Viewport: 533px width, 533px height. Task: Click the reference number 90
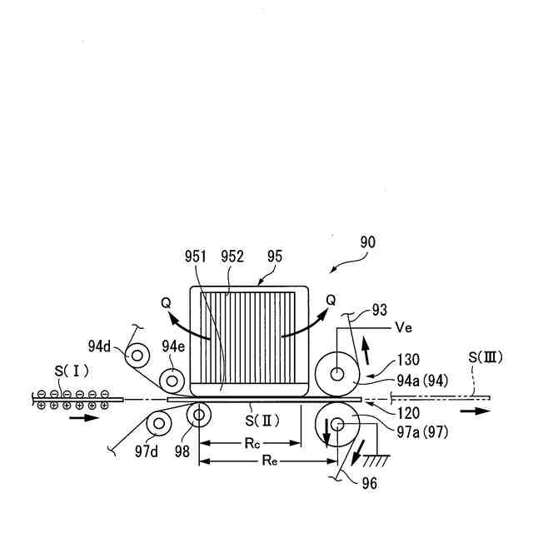pos(367,242)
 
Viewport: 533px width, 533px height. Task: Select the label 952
pos(232,257)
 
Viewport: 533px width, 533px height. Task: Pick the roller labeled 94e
pos(172,380)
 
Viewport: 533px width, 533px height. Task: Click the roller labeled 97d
pos(157,424)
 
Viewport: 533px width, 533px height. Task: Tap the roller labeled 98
pos(199,415)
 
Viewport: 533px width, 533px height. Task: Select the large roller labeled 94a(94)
pos(338,375)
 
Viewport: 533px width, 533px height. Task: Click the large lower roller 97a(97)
pos(338,425)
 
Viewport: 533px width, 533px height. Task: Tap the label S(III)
pos(483,358)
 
